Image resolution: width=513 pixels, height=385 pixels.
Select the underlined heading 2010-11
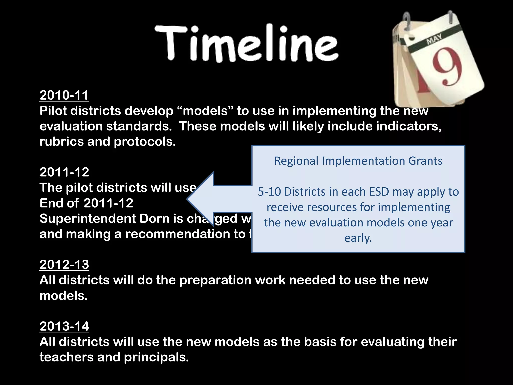[64, 95]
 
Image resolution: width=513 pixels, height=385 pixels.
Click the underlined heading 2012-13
[64, 265]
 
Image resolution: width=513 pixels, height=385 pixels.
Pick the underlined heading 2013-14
[64, 326]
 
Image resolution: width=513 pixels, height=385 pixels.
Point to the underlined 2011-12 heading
[64, 172]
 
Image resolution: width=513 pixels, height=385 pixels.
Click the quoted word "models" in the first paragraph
[205, 111]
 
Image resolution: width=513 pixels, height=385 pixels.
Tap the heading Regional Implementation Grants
[358, 161]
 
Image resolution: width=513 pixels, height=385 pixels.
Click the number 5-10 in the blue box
[269, 192]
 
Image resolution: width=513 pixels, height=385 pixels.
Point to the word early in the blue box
[358, 238]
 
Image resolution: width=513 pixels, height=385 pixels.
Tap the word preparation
[215, 280]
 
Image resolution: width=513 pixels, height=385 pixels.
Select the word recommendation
[185, 234]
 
